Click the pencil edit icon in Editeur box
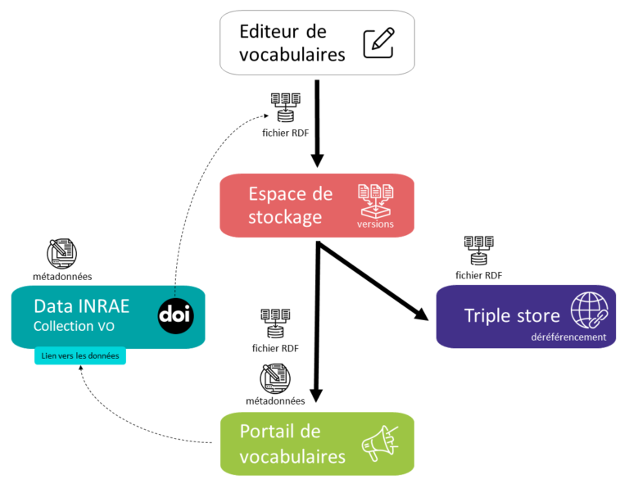tap(378, 40)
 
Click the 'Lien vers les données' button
tap(80, 356)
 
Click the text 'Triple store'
tap(512, 315)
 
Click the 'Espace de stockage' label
tap(291, 206)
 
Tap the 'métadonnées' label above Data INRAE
tap(61, 277)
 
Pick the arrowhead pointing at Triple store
tap(422, 314)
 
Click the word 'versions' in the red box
tap(375, 224)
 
